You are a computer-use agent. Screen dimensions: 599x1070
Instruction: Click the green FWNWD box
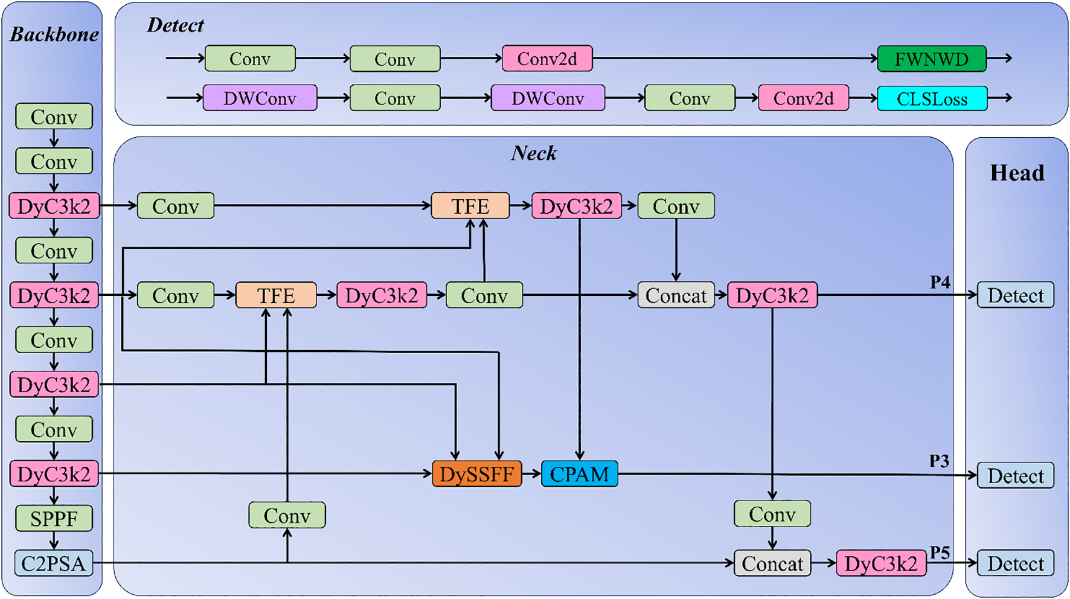[x=931, y=59]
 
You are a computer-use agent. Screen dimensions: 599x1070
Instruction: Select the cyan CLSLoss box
[x=932, y=98]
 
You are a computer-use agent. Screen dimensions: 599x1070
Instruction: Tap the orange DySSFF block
[x=476, y=474]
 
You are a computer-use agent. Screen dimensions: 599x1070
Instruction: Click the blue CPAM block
[x=579, y=474]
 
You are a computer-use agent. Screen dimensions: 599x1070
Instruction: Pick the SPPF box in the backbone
[x=54, y=519]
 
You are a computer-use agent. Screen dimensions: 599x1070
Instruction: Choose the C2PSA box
[x=54, y=563]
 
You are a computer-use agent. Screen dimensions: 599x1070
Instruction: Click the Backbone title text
[x=54, y=34]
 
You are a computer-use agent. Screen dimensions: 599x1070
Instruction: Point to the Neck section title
[x=534, y=153]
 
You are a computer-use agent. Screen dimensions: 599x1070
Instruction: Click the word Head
[x=1017, y=173]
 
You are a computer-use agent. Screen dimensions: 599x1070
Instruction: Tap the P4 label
[x=940, y=282]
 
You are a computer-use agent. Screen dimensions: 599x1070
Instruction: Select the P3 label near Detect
[x=939, y=461]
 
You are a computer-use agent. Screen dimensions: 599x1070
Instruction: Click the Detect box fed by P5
[x=1016, y=563]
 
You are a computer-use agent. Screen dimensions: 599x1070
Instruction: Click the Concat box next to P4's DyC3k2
[x=676, y=296]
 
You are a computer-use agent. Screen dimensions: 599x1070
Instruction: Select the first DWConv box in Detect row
[x=260, y=98]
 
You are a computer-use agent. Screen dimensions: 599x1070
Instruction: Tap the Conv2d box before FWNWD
[x=547, y=59]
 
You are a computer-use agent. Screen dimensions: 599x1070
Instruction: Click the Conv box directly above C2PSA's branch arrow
[x=287, y=516]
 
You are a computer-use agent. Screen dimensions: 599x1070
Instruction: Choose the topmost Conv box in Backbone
[x=54, y=117]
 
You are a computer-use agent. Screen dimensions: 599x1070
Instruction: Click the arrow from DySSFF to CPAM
[x=531, y=474]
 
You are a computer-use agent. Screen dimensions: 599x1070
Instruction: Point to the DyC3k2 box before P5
[x=880, y=563]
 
